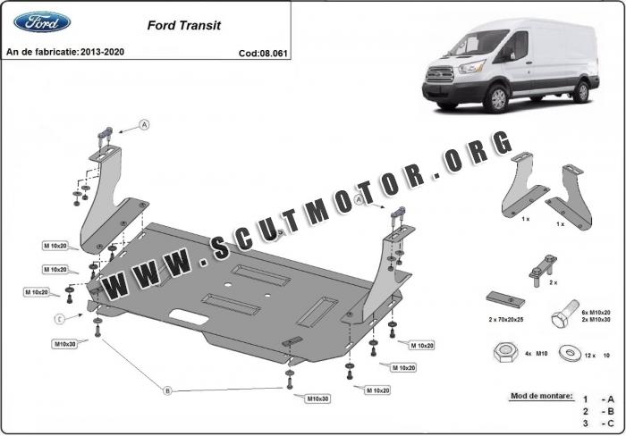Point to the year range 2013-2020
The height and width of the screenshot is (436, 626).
pos(101,53)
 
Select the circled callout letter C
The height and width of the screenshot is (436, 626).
pos(59,319)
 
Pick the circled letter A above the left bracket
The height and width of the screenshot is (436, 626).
pos(143,126)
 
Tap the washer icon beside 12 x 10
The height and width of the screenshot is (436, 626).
pos(566,352)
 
